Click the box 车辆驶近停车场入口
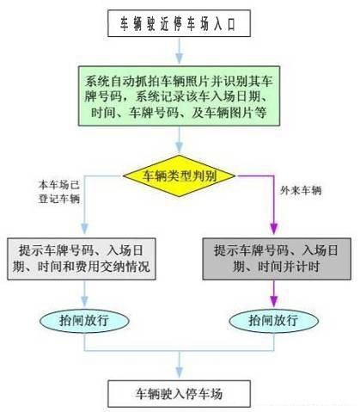click(179, 23)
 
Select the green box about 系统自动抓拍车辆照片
click(179, 95)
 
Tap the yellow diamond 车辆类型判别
click(180, 175)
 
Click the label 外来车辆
click(301, 190)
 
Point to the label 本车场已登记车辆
click(59, 192)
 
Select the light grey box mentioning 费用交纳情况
click(82, 259)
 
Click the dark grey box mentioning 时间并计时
click(277, 259)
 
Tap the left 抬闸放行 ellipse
click(84, 320)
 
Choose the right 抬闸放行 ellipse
click(274, 320)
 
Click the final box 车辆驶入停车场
click(179, 394)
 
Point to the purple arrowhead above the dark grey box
click(274, 229)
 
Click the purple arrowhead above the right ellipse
click(274, 301)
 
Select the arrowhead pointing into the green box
click(180, 58)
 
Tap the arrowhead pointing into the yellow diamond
click(180, 147)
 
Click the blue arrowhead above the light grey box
click(84, 229)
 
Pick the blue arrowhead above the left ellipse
click(84, 301)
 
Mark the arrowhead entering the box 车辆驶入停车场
click(180, 372)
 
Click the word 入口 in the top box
click(225, 24)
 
